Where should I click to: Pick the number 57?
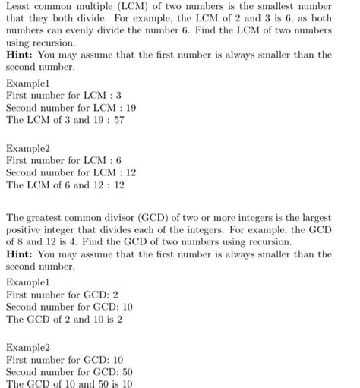(119, 120)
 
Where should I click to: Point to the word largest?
(315, 216)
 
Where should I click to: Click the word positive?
(24, 229)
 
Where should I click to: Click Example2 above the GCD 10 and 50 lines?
(27, 347)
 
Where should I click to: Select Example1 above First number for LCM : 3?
(27, 83)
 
